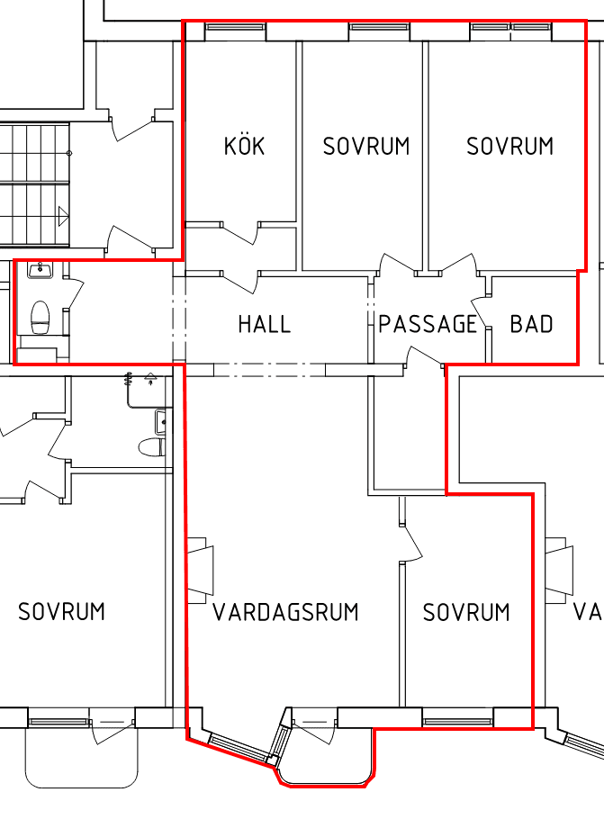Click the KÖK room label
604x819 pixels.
(244, 146)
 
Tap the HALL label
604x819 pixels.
(264, 324)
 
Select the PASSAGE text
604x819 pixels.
(428, 324)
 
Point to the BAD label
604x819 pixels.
(531, 324)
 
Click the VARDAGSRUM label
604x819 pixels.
(286, 612)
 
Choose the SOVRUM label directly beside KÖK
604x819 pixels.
(366, 146)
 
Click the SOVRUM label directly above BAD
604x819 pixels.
(510, 146)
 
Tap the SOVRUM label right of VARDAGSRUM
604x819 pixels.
(466, 612)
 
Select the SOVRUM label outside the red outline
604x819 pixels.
(61, 612)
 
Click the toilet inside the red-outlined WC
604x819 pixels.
(41, 317)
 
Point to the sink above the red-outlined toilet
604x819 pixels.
(41, 270)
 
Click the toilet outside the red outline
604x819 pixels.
(151, 447)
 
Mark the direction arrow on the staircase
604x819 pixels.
(63, 216)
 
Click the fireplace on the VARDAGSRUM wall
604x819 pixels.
(201, 570)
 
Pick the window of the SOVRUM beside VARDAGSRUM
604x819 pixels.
(457, 722)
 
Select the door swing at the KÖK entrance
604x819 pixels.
(241, 232)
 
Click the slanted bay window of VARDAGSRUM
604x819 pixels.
(239, 747)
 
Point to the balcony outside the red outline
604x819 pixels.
(82, 758)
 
